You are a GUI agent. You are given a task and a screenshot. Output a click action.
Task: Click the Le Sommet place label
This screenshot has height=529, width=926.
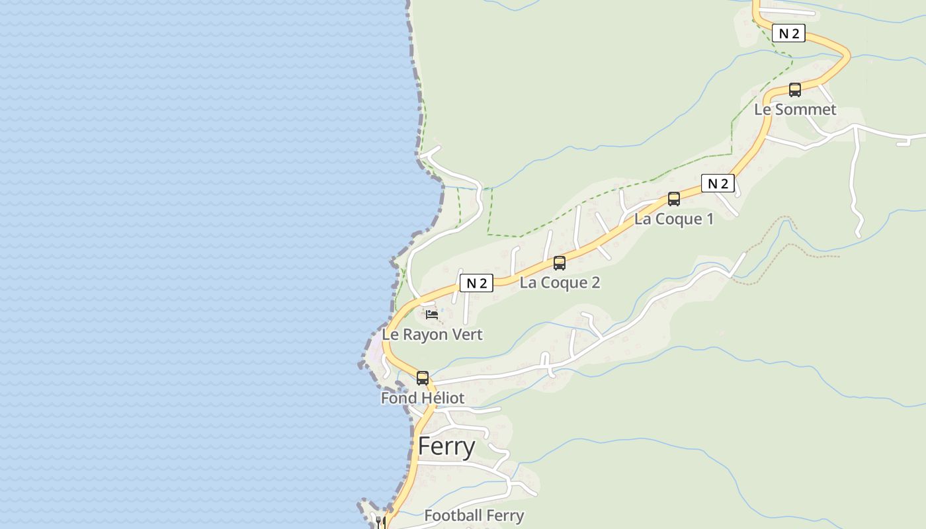[795, 110]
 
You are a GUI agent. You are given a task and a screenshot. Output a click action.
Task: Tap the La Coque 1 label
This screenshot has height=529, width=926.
[674, 219]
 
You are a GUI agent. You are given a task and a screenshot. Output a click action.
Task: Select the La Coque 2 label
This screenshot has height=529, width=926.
[560, 283]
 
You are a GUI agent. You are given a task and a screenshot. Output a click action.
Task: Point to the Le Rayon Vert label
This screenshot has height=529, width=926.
[432, 335]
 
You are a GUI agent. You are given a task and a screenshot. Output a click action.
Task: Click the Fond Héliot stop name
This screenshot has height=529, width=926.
[422, 398]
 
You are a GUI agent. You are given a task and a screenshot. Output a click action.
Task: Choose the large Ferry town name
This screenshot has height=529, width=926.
[446, 447]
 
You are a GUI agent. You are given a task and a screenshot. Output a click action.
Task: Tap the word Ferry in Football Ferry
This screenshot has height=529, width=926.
[505, 516]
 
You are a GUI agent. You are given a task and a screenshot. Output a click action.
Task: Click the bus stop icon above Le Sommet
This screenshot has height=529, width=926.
[795, 90]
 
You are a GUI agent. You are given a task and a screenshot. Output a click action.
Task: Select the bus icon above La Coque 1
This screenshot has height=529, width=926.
[674, 198]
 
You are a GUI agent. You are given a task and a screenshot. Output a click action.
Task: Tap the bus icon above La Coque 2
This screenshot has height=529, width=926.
[560, 263]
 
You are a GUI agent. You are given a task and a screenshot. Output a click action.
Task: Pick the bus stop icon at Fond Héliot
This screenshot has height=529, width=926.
[423, 378]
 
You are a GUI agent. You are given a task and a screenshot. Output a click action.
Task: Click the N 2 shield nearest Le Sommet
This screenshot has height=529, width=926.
[788, 34]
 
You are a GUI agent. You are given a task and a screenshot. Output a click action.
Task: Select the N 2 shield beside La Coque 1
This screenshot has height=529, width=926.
[718, 184]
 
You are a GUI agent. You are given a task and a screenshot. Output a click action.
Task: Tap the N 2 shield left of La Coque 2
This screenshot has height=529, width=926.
[476, 284]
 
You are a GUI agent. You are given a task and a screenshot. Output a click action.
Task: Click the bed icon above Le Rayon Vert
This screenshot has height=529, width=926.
[432, 315]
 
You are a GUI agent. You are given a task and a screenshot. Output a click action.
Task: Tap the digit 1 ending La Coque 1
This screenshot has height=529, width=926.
[710, 219]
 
